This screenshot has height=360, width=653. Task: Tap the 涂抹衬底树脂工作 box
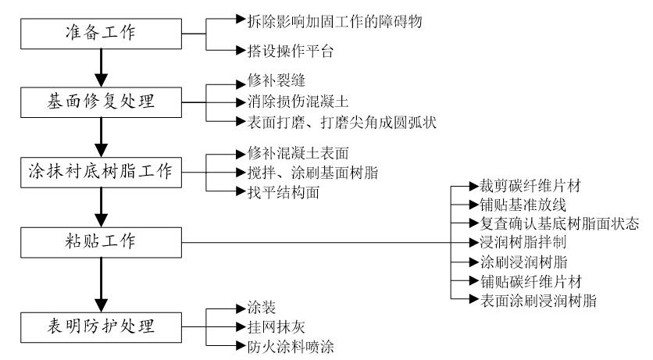(99, 171)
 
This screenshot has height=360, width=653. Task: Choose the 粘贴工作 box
(99, 241)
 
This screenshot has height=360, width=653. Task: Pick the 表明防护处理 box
(99, 324)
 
